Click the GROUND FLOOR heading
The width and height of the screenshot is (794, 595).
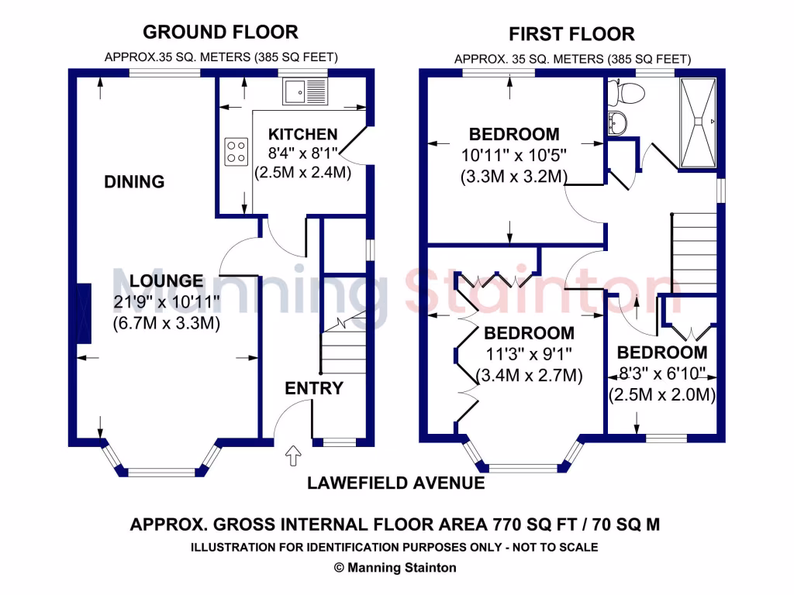[x=221, y=32]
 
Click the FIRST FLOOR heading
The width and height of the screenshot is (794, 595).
[x=571, y=34]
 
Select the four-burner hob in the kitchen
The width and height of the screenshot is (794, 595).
[x=236, y=152]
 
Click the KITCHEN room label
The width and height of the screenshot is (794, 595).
[x=302, y=135]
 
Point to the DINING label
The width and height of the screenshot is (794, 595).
[x=135, y=182]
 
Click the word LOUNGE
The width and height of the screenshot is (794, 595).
[x=167, y=281]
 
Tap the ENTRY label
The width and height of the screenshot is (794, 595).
[x=314, y=388]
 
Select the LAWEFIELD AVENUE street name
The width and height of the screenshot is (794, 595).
[x=396, y=483]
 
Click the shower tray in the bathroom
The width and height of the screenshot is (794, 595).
[x=700, y=122]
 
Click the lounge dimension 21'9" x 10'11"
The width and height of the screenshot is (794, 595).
[x=167, y=301]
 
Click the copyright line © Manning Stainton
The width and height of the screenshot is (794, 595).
[x=395, y=567]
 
